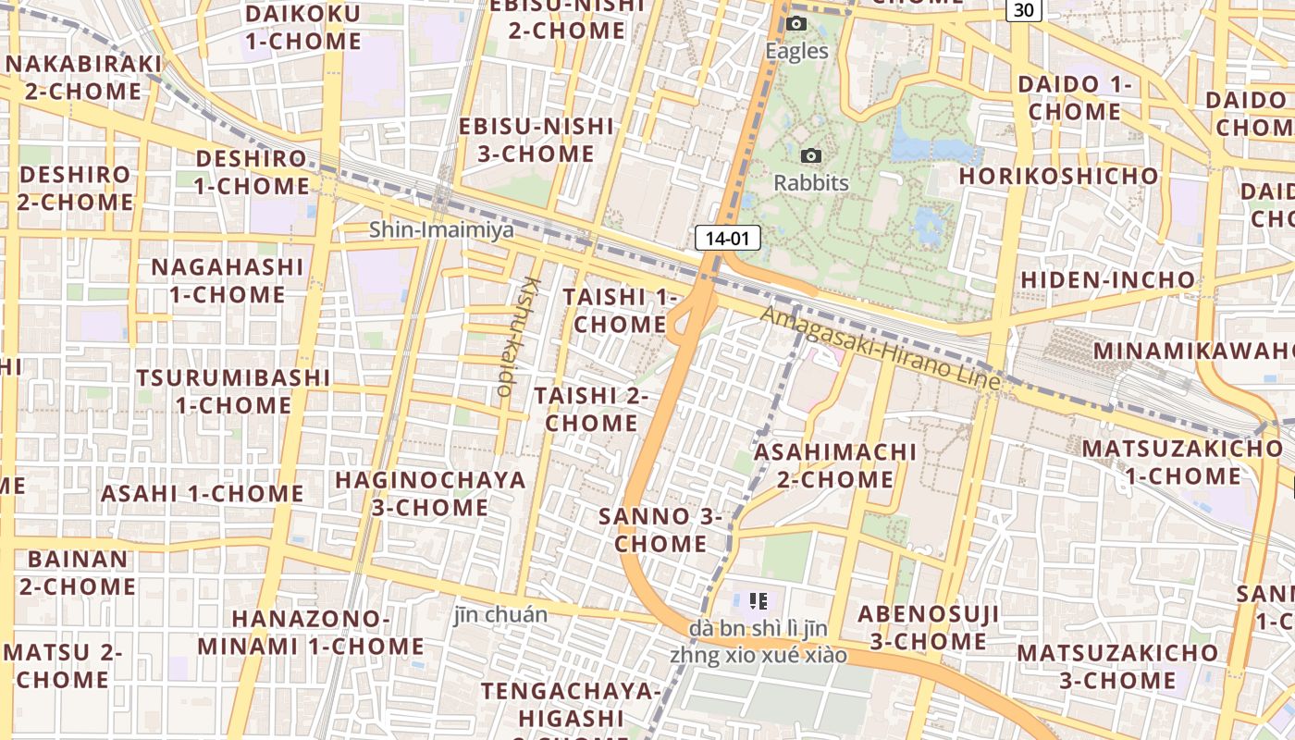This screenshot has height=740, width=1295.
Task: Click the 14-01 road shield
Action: point(727,239)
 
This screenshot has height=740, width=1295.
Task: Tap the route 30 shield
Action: point(1024,9)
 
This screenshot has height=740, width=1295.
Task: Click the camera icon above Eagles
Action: point(795,24)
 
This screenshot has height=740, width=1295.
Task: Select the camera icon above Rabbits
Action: point(811,156)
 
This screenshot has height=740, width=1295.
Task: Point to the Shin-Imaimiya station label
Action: point(441,229)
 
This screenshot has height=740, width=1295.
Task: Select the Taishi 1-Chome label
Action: point(620,311)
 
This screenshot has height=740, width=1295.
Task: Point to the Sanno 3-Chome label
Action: point(660,529)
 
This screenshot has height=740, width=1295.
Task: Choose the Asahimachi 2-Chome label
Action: point(835,465)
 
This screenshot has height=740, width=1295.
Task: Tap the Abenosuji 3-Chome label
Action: point(929,627)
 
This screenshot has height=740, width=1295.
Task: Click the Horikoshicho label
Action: point(1058,176)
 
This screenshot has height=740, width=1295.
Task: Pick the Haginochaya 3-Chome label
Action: point(430,493)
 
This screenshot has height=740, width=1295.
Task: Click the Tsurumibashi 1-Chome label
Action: point(233,391)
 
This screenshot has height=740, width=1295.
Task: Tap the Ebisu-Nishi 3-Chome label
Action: point(536,140)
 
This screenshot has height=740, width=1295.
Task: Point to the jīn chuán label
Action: point(500,614)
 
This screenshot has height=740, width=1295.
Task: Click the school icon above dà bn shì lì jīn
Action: point(758,601)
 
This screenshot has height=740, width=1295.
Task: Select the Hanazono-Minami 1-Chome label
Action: point(311,632)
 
